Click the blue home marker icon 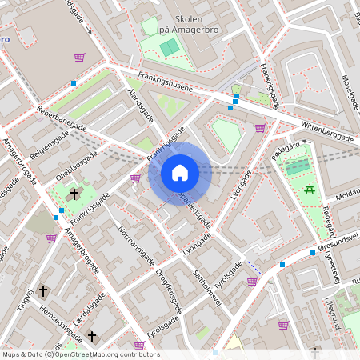coord(180,173)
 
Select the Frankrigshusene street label coord(166,82)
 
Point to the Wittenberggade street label coord(327,133)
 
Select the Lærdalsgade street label coord(89,309)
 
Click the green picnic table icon coord(309,190)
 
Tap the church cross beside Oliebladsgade coord(74,194)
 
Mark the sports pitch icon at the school coord(169,47)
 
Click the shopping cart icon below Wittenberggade coord(260,127)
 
